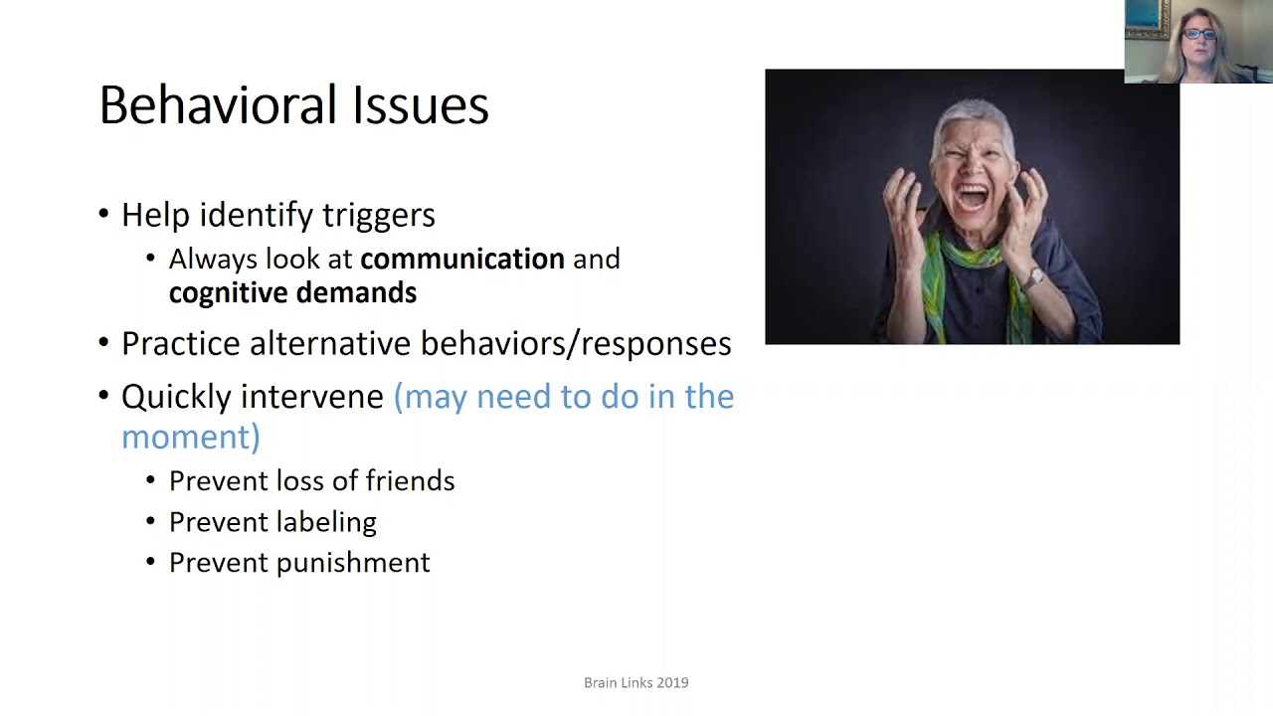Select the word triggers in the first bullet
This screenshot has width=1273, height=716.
click(384, 215)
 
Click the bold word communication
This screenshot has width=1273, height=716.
click(461, 260)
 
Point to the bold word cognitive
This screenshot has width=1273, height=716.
click(223, 293)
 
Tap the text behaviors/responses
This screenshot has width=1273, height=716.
click(576, 344)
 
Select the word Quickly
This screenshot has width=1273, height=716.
click(180, 398)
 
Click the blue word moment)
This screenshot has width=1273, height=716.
click(190, 438)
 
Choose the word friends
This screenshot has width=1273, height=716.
click(410, 481)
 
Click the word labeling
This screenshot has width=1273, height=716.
click(326, 522)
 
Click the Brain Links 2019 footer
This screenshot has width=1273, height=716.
click(636, 683)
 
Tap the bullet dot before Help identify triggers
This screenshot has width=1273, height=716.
click(104, 214)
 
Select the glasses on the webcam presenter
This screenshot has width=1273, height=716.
click(1199, 35)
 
